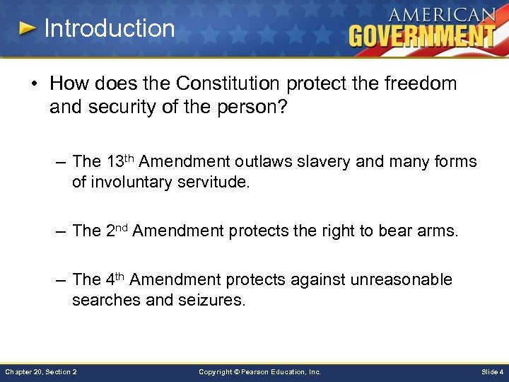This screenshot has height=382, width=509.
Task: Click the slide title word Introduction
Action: [109, 28]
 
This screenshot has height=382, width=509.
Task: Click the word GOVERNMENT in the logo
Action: [422, 35]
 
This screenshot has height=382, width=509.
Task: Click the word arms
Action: [438, 231]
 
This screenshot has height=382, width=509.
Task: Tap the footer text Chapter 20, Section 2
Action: [41, 371]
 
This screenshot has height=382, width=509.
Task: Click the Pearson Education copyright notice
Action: [259, 371]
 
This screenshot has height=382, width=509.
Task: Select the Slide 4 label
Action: [491, 371]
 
